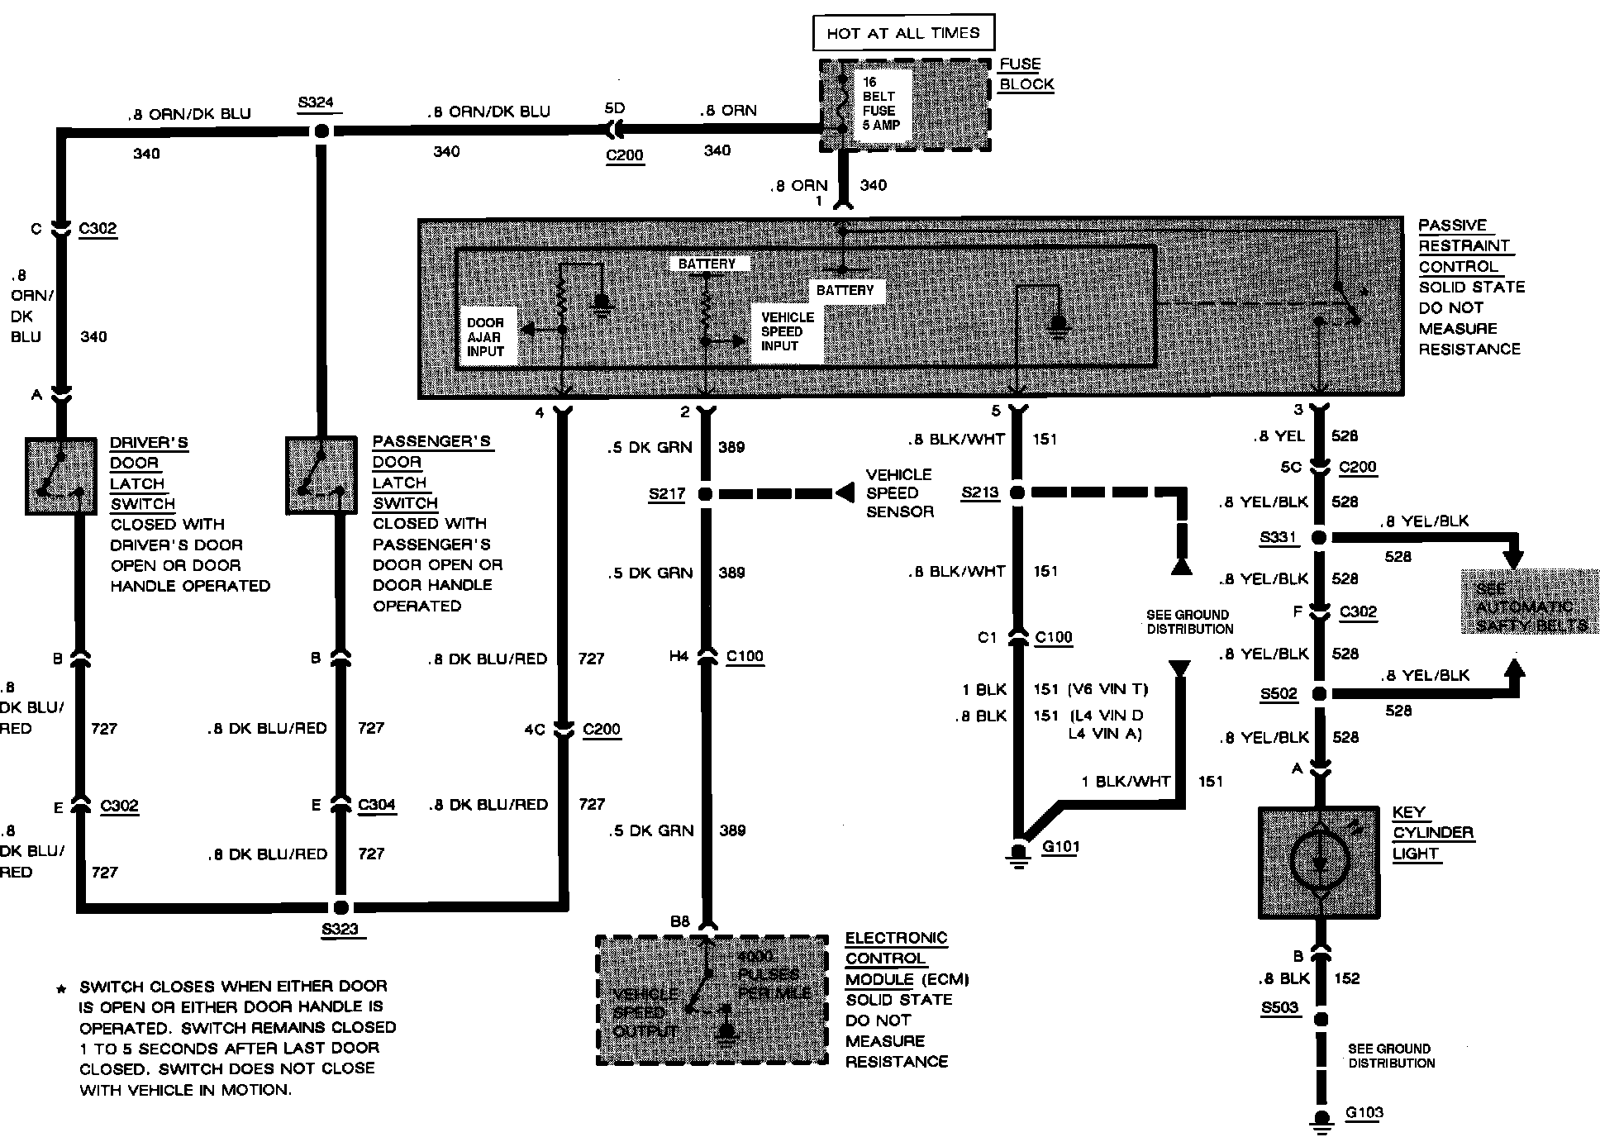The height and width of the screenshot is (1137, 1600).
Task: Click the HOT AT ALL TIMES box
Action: coord(902,33)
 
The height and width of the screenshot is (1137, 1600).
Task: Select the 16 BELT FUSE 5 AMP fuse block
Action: coord(904,105)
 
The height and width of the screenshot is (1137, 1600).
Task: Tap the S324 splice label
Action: coord(316,103)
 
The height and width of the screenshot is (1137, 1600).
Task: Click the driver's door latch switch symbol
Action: coord(61,476)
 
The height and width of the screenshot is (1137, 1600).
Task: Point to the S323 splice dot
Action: coord(340,906)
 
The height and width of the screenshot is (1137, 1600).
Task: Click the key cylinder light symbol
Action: coord(1319,863)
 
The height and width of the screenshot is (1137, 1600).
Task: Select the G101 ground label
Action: coord(1060,846)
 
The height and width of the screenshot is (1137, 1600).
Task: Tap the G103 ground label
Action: coord(1364,1112)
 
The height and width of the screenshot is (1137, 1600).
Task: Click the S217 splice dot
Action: coord(705,494)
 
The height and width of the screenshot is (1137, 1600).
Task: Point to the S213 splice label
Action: coord(980,493)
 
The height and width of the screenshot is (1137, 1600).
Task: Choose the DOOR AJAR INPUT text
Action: coord(486,337)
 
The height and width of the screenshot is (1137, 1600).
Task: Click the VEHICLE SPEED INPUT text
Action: coord(787,331)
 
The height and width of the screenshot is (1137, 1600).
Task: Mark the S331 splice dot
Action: coord(1320,538)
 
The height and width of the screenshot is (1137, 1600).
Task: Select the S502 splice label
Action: coord(1279,694)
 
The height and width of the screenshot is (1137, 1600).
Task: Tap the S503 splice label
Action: coord(1279,1008)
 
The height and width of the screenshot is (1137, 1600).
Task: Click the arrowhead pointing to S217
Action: coord(845,493)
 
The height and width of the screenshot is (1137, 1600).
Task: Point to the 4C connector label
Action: coord(535,730)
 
